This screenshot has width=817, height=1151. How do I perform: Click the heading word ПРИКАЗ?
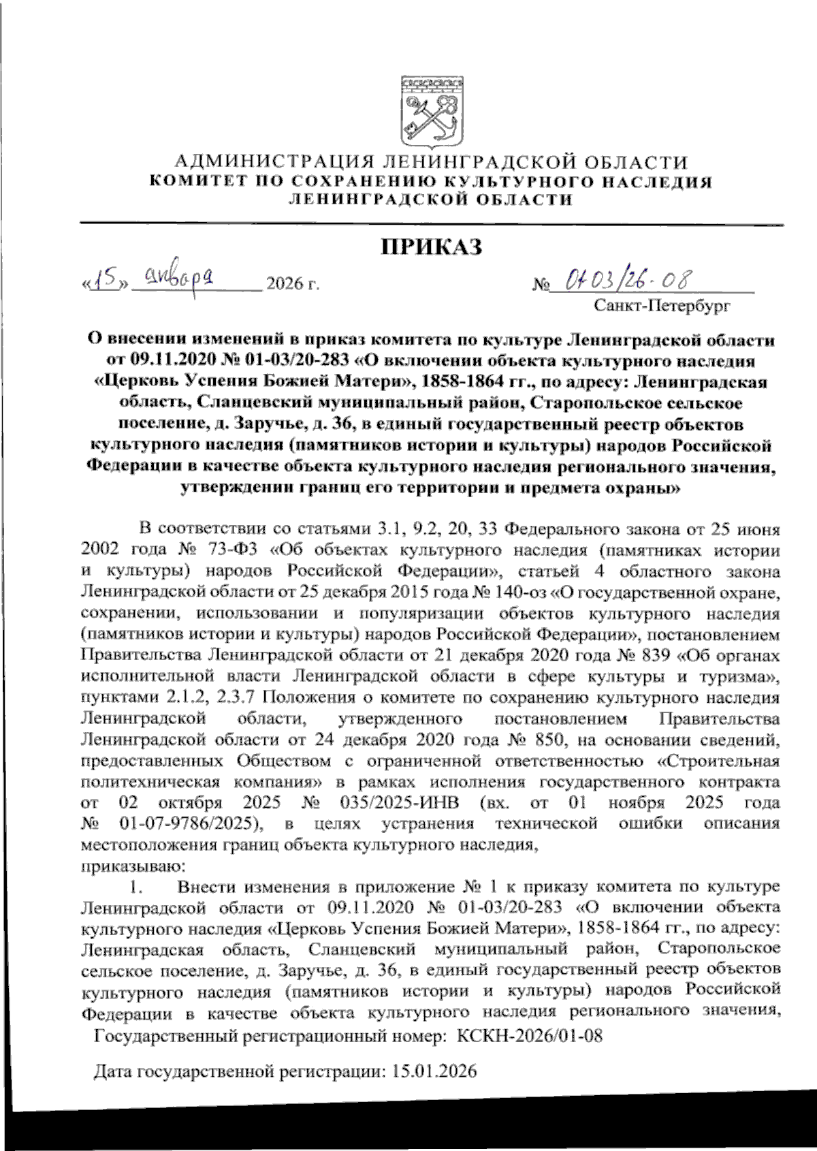(430, 247)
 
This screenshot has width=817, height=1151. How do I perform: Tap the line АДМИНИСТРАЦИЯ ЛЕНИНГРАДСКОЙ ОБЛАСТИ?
(432, 162)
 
